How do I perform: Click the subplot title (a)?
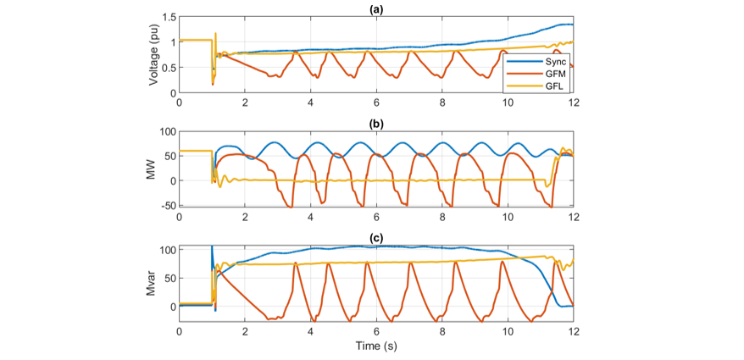[375, 8]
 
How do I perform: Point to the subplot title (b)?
[375, 123]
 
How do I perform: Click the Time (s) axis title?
[375, 346]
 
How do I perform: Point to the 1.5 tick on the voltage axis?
[167, 17]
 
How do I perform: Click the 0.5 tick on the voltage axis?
[167, 68]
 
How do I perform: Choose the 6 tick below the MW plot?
[376, 217]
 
